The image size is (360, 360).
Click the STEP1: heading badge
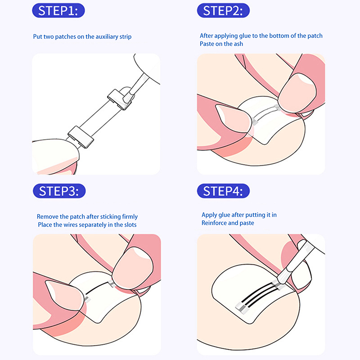[58, 10]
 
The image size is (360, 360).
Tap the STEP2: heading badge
[223, 10]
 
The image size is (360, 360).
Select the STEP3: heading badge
[59, 191]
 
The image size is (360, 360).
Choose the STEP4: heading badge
[223, 191]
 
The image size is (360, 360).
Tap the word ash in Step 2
[238, 44]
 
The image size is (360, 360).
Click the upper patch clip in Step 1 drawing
[119, 99]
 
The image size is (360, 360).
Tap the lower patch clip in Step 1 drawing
[81, 137]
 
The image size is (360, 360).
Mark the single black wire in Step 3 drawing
[97, 288]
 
